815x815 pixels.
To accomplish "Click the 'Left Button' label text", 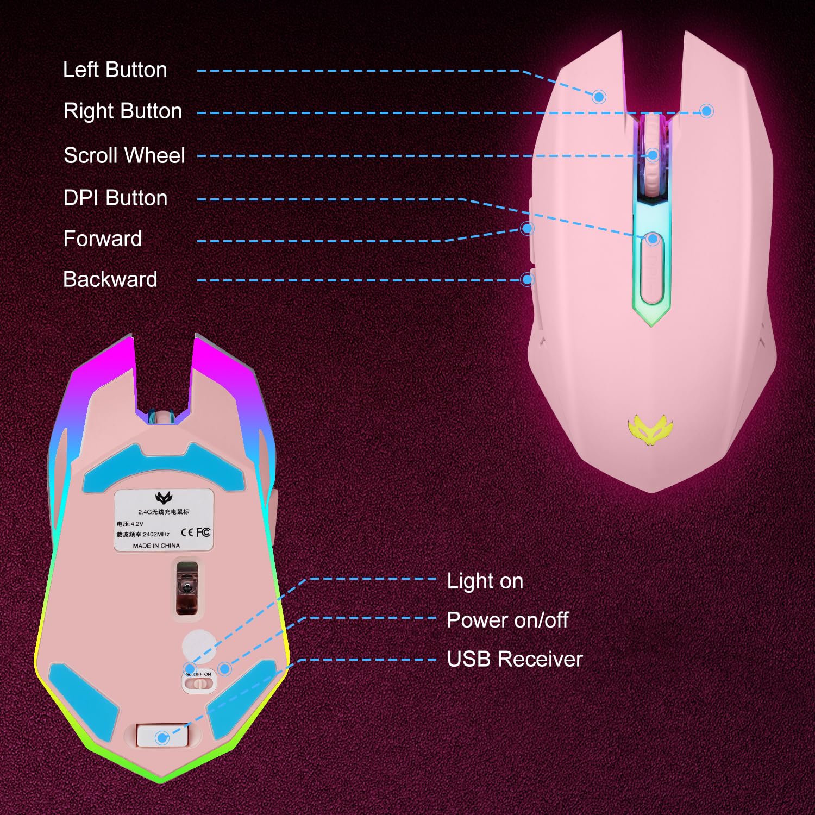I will tap(115, 70).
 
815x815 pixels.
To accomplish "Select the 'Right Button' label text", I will tap(123, 111).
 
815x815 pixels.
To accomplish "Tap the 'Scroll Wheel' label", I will tap(124, 155).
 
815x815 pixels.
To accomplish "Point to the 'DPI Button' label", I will tap(115, 198).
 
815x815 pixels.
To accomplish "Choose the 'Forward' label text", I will tap(103, 239).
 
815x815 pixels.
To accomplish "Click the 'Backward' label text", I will tap(110, 279).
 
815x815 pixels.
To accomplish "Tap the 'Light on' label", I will tap(485, 581).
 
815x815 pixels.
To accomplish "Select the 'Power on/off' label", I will tap(507, 620).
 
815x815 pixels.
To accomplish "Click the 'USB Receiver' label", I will tap(515, 659).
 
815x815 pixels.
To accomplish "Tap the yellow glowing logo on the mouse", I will tap(650, 429).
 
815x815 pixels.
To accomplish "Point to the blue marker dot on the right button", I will tap(706, 111).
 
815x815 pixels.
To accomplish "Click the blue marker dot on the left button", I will tap(599, 97).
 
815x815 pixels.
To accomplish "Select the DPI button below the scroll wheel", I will tap(652, 269).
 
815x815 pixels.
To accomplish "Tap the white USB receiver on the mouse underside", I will tap(162, 737).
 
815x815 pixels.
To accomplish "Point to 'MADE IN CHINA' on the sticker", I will tap(156, 546).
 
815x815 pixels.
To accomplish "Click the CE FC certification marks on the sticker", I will tap(196, 532).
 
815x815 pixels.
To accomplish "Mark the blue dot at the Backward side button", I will tap(526, 280).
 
